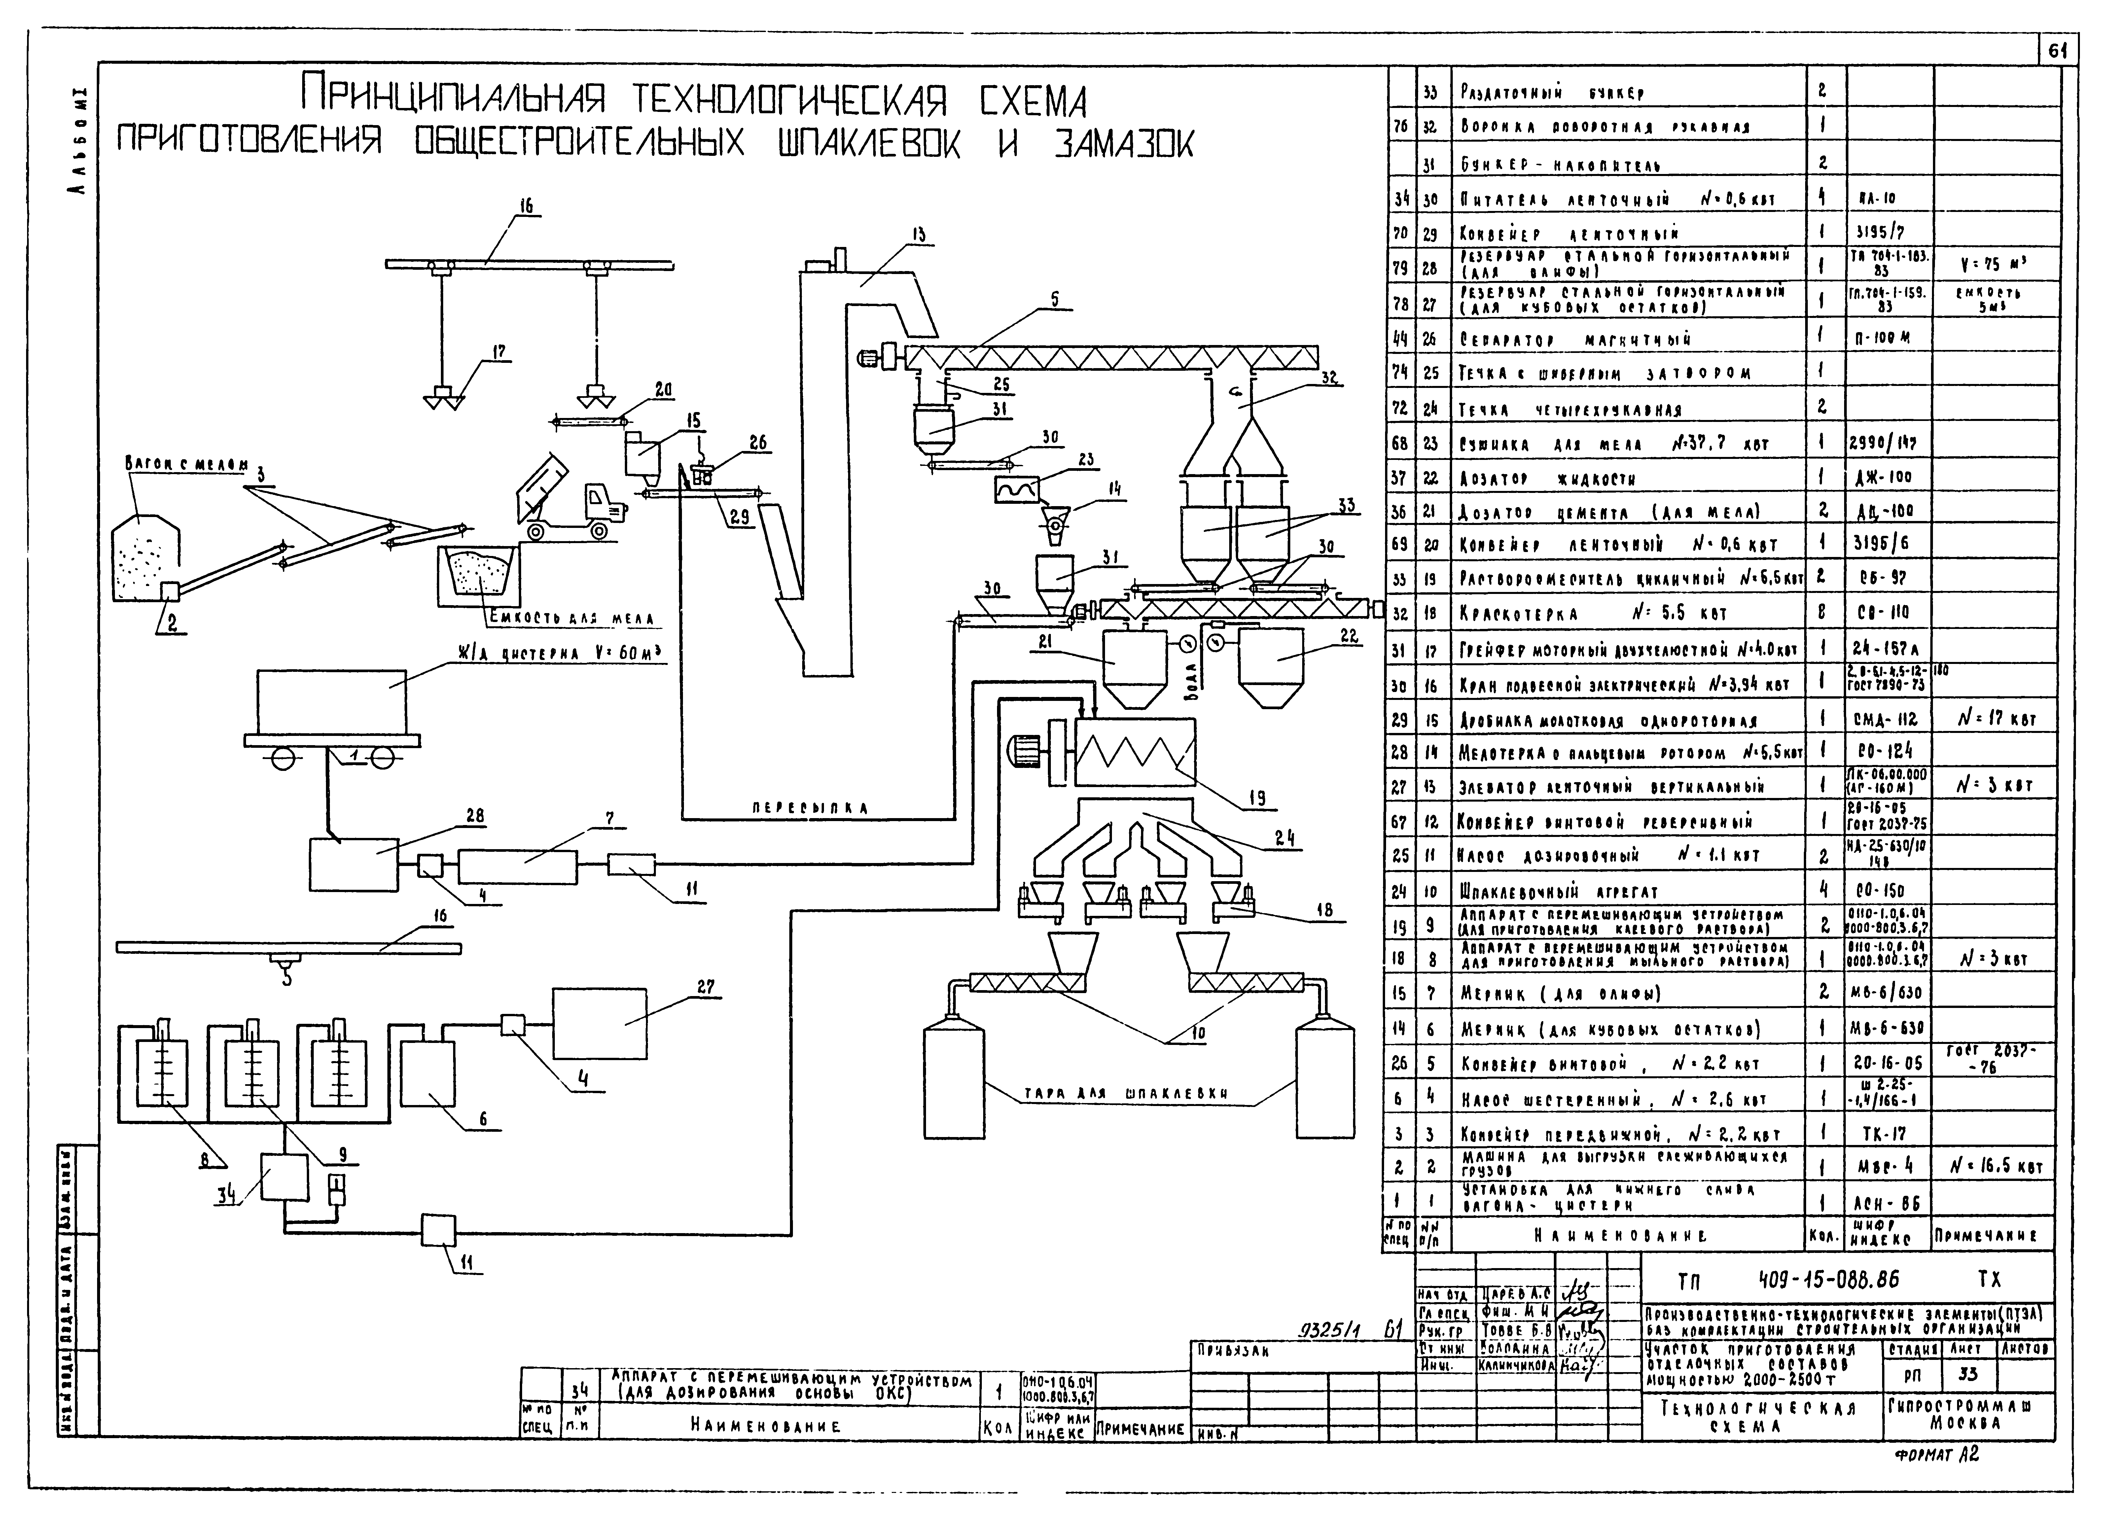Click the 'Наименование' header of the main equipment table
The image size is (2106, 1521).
coord(1627,1236)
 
